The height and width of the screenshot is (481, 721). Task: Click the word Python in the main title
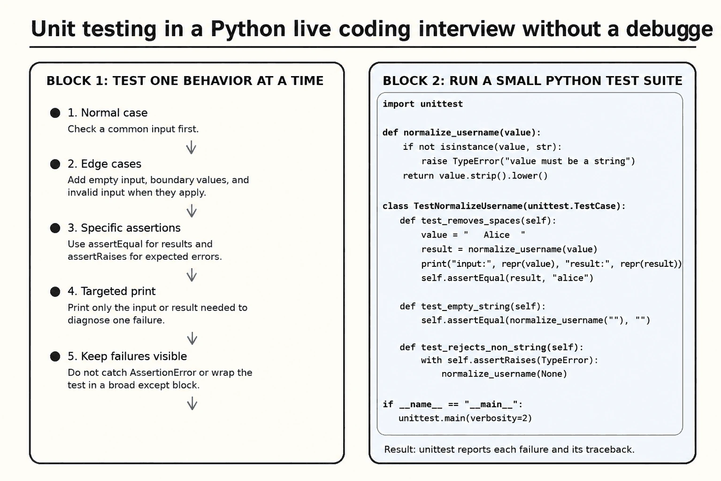[248, 29]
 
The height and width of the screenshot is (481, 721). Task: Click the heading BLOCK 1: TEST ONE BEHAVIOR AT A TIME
[185, 80]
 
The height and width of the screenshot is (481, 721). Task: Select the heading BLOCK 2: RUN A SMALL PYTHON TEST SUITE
[532, 80]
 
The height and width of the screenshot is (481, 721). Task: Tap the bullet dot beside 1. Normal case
[55, 113]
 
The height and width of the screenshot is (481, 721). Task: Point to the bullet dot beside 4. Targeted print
[55, 292]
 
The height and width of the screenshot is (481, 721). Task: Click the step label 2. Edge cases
[104, 164]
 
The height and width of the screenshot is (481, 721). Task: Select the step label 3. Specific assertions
[124, 228]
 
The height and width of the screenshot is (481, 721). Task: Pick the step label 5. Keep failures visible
[127, 356]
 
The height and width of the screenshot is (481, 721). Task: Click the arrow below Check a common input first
[191, 147]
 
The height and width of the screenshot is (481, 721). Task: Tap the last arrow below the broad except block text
[192, 403]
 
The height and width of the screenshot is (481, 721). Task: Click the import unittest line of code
[422, 104]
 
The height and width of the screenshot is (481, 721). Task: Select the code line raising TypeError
[528, 161]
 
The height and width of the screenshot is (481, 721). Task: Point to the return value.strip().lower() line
[475, 176]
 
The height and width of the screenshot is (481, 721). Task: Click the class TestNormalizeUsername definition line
[504, 206]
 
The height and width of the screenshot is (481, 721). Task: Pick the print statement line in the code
[552, 264]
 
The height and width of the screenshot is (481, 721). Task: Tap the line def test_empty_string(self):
[473, 306]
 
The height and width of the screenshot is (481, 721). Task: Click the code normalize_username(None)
[504, 374]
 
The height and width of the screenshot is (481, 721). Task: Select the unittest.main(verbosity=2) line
[465, 418]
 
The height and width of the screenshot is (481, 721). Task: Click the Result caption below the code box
[509, 450]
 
